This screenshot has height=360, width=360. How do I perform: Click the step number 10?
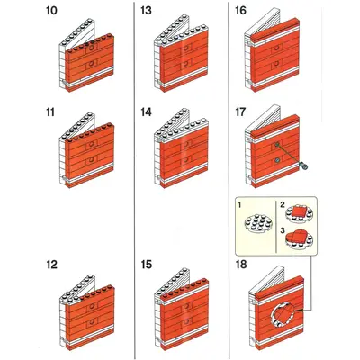pos(51,11)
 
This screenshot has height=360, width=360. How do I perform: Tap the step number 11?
pos(50,112)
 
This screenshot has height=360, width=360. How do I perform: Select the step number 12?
pos(51,265)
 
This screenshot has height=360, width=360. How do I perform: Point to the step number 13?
pos(146,11)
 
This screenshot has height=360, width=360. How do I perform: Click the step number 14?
pos(146,112)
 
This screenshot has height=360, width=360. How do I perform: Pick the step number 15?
pos(146,265)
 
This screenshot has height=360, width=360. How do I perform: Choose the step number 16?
pos(240,11)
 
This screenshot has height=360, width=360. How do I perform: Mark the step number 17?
pos(240,112)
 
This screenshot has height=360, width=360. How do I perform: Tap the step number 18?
pos(241,265)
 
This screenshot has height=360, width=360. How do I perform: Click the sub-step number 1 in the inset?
pos(239,205)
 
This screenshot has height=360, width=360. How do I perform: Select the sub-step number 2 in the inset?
pos(283,205)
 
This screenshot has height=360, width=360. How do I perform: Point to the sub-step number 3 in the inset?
pos(283,230)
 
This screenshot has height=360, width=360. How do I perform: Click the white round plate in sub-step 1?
pos(256,223)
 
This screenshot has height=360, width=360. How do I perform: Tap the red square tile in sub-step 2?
pos(299,213)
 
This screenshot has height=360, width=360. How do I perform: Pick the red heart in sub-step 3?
pos(299,238)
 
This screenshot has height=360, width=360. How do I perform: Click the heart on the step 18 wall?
pos(286,313)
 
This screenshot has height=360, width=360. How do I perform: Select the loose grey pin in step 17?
pos(304,166)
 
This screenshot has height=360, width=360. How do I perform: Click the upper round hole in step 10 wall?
pos(92,48)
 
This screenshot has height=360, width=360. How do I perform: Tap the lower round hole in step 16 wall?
pos(277,63)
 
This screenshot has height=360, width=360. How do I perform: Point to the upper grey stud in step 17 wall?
pos(277,145)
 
